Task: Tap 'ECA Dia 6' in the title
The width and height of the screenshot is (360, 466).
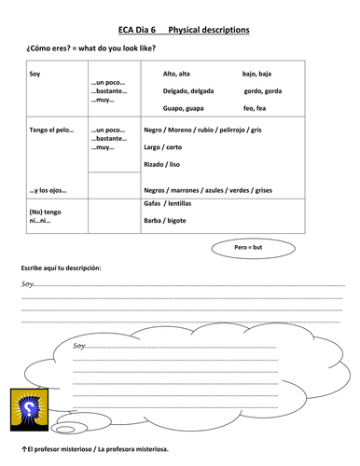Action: click(140, 30)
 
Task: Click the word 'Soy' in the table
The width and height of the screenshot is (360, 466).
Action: click(35, 73)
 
